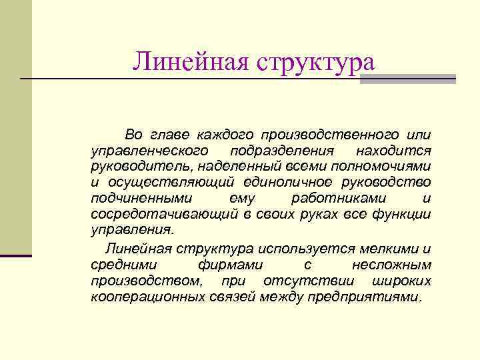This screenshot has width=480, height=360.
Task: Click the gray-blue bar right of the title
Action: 407,79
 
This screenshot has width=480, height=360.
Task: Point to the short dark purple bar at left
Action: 16,255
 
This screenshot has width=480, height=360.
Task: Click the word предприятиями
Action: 364,297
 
